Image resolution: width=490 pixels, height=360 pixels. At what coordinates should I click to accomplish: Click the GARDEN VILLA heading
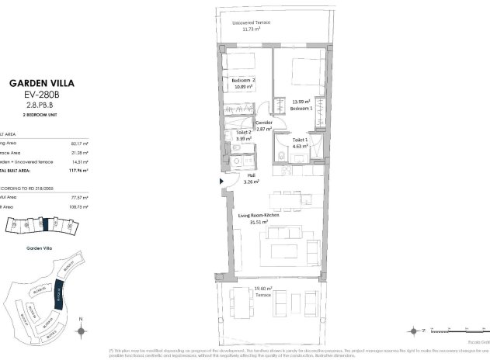[41, 82]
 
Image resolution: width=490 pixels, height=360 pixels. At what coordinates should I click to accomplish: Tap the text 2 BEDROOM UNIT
[41, 114]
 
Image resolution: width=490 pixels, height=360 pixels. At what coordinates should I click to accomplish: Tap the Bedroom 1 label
[301, 109]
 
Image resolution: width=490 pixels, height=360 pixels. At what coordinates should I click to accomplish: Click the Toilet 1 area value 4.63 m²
[301, 145]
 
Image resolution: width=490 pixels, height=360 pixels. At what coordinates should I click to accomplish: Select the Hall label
[251, 176]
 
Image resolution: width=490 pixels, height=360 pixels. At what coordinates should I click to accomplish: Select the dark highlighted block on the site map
[60, 294]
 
